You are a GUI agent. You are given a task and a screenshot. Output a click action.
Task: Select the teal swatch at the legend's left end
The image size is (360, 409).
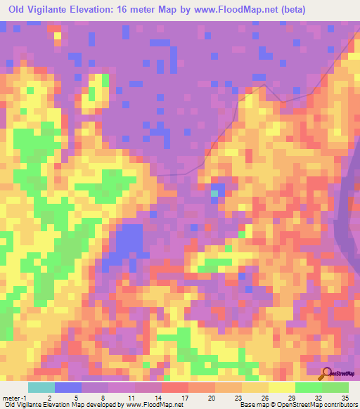pyautogui.click(x=41, y=387)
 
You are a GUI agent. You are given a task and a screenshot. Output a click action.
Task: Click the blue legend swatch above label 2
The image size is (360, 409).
pyautogui.click(x=67, y=387)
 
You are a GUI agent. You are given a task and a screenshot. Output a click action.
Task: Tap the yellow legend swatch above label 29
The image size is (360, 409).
pyautogui.click(x=282, y=387)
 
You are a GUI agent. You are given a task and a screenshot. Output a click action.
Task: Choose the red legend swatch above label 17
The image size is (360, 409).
pyautogui.click(x=176, y=387)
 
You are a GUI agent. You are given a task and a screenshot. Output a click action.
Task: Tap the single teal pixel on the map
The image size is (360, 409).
pyautogui.click(x=214, y=193)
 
